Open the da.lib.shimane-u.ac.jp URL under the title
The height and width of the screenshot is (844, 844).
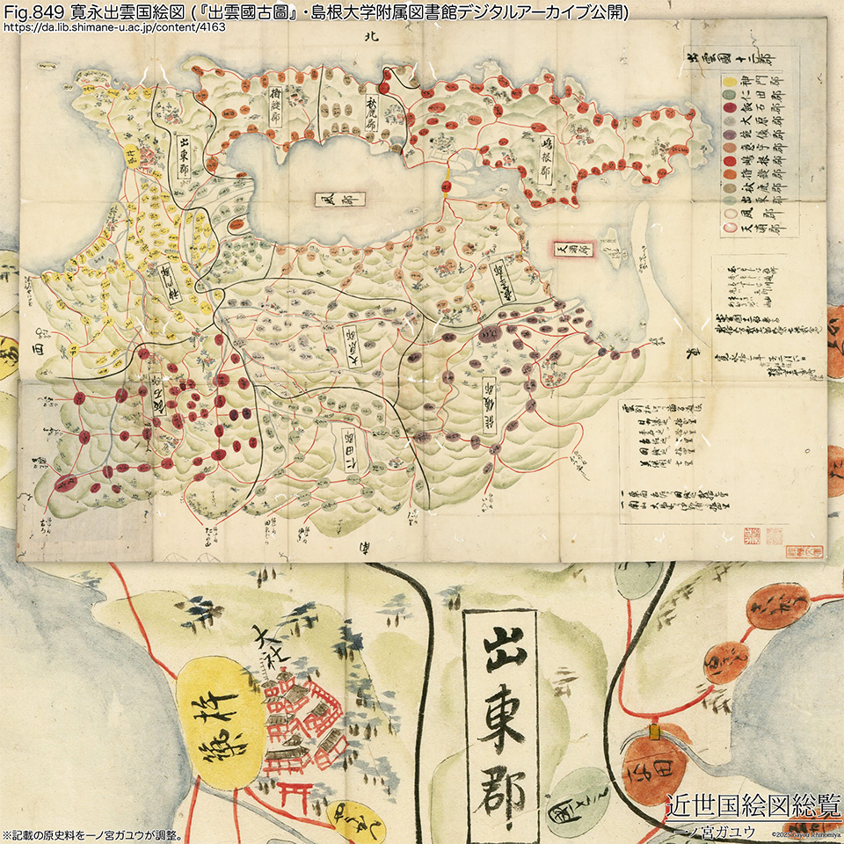point(114,27)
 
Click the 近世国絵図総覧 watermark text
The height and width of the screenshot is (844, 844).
point(753,805)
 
